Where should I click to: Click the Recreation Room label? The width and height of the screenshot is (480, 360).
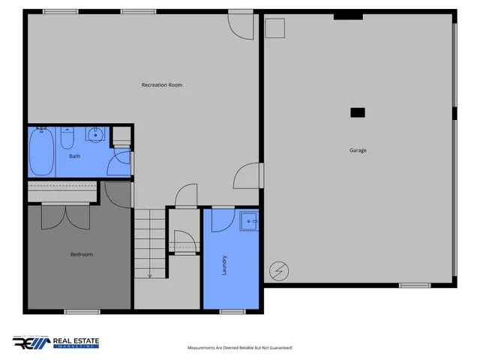(x=162, y=85)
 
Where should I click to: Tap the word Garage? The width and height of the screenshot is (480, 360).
(x=358, y=150)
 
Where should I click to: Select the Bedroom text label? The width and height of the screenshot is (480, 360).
(x=81, y=254)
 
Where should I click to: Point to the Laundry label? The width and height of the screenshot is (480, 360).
(x=224, y=265)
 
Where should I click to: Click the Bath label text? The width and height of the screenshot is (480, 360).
(x=75, y=156)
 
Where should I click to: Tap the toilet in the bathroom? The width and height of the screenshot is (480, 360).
(x=67, y=139)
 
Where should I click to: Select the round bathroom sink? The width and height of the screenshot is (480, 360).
(x=94, y=135)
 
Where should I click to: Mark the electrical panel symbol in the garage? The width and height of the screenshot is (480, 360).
(x=279, y=269)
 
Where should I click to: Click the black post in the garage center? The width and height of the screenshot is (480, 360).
(x=358, y=112)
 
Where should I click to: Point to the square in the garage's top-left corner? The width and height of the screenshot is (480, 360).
(x=275, y=27)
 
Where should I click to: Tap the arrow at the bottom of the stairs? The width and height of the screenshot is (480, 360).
(x=150, y=274)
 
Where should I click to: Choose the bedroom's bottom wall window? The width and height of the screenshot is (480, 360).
(x=82, y=310)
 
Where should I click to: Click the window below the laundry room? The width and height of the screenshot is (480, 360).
(x=232, y=310)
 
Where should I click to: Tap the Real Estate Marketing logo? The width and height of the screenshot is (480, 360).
(x=56, y=342)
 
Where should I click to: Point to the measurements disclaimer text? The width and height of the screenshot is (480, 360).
(x=239, y=348)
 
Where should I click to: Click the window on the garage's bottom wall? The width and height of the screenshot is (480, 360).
(x=414, y=285)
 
